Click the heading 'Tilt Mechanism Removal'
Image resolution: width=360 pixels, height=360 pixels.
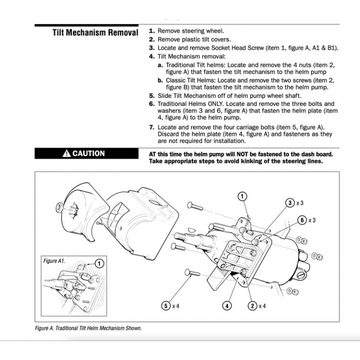pos(95,33)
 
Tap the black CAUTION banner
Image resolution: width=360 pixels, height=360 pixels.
pos(84,153)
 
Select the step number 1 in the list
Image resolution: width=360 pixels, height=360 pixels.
pos(151,31)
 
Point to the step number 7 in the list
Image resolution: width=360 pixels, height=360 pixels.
pos(151,127)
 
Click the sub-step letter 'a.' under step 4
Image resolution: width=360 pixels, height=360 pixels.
pos(160,65)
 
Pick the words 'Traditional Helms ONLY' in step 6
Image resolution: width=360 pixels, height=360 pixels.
pos(196,103)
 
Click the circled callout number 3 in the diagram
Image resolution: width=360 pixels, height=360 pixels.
pos(289,203)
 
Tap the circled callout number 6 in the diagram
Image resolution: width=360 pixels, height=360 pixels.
pos(302,220)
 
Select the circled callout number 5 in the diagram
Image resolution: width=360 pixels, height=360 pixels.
pos(165,305)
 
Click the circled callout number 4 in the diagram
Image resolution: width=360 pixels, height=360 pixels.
pos(227,305)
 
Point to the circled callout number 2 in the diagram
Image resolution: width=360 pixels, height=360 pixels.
pos(252,305)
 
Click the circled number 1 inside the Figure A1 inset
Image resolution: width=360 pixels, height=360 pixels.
pos(98,263)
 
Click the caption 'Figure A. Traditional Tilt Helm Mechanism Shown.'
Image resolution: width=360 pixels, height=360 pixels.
pos(88,328)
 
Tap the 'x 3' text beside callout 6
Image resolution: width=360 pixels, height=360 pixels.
pos(312,220)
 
